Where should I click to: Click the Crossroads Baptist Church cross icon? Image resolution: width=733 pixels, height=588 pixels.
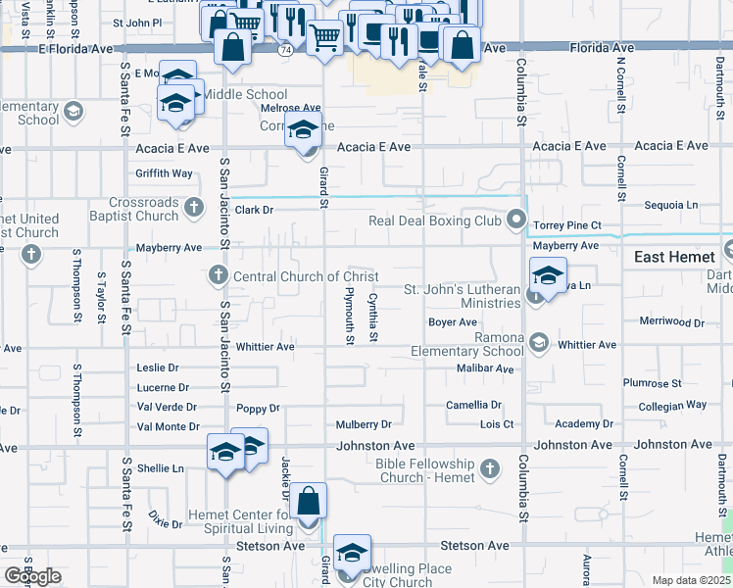click(x=194, y=207)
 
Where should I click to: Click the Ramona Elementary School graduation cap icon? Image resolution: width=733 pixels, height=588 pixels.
click(x=538, y=341)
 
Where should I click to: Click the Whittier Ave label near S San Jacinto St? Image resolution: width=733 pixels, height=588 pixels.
click(x=265, y=347)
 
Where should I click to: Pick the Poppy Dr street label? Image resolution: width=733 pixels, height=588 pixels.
click(x=258, y=408)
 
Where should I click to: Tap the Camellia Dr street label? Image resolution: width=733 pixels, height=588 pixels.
click(x=474, y=405)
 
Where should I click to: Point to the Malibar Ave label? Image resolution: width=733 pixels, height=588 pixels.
click(x=485, y=368)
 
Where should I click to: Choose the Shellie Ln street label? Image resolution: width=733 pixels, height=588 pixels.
click(x=160, y=468)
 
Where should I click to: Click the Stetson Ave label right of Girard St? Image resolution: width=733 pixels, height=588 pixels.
click(x=475, y=546)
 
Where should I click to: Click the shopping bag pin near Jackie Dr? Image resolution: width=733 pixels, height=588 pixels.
click(x=309, y=501)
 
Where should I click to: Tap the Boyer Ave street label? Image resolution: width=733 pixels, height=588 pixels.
click(x=453, y=322)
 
